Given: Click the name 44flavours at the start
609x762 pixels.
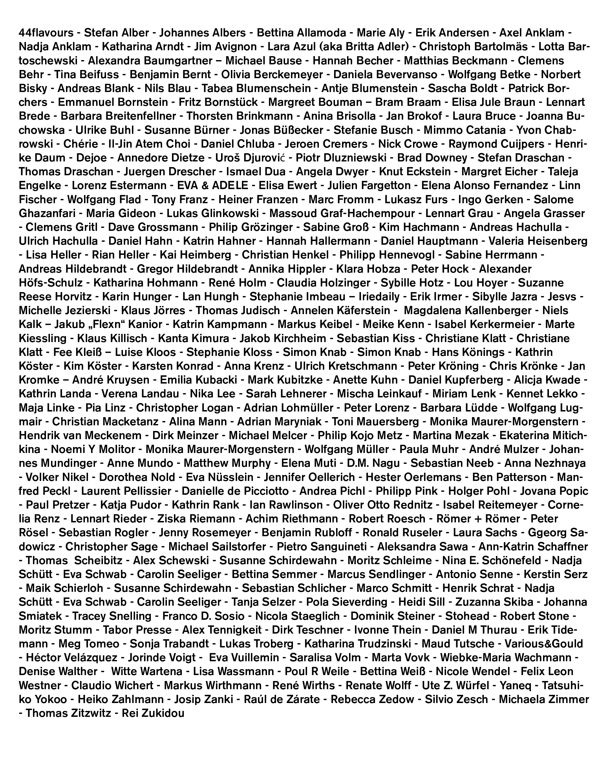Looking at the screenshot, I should (x=46, y=33).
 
